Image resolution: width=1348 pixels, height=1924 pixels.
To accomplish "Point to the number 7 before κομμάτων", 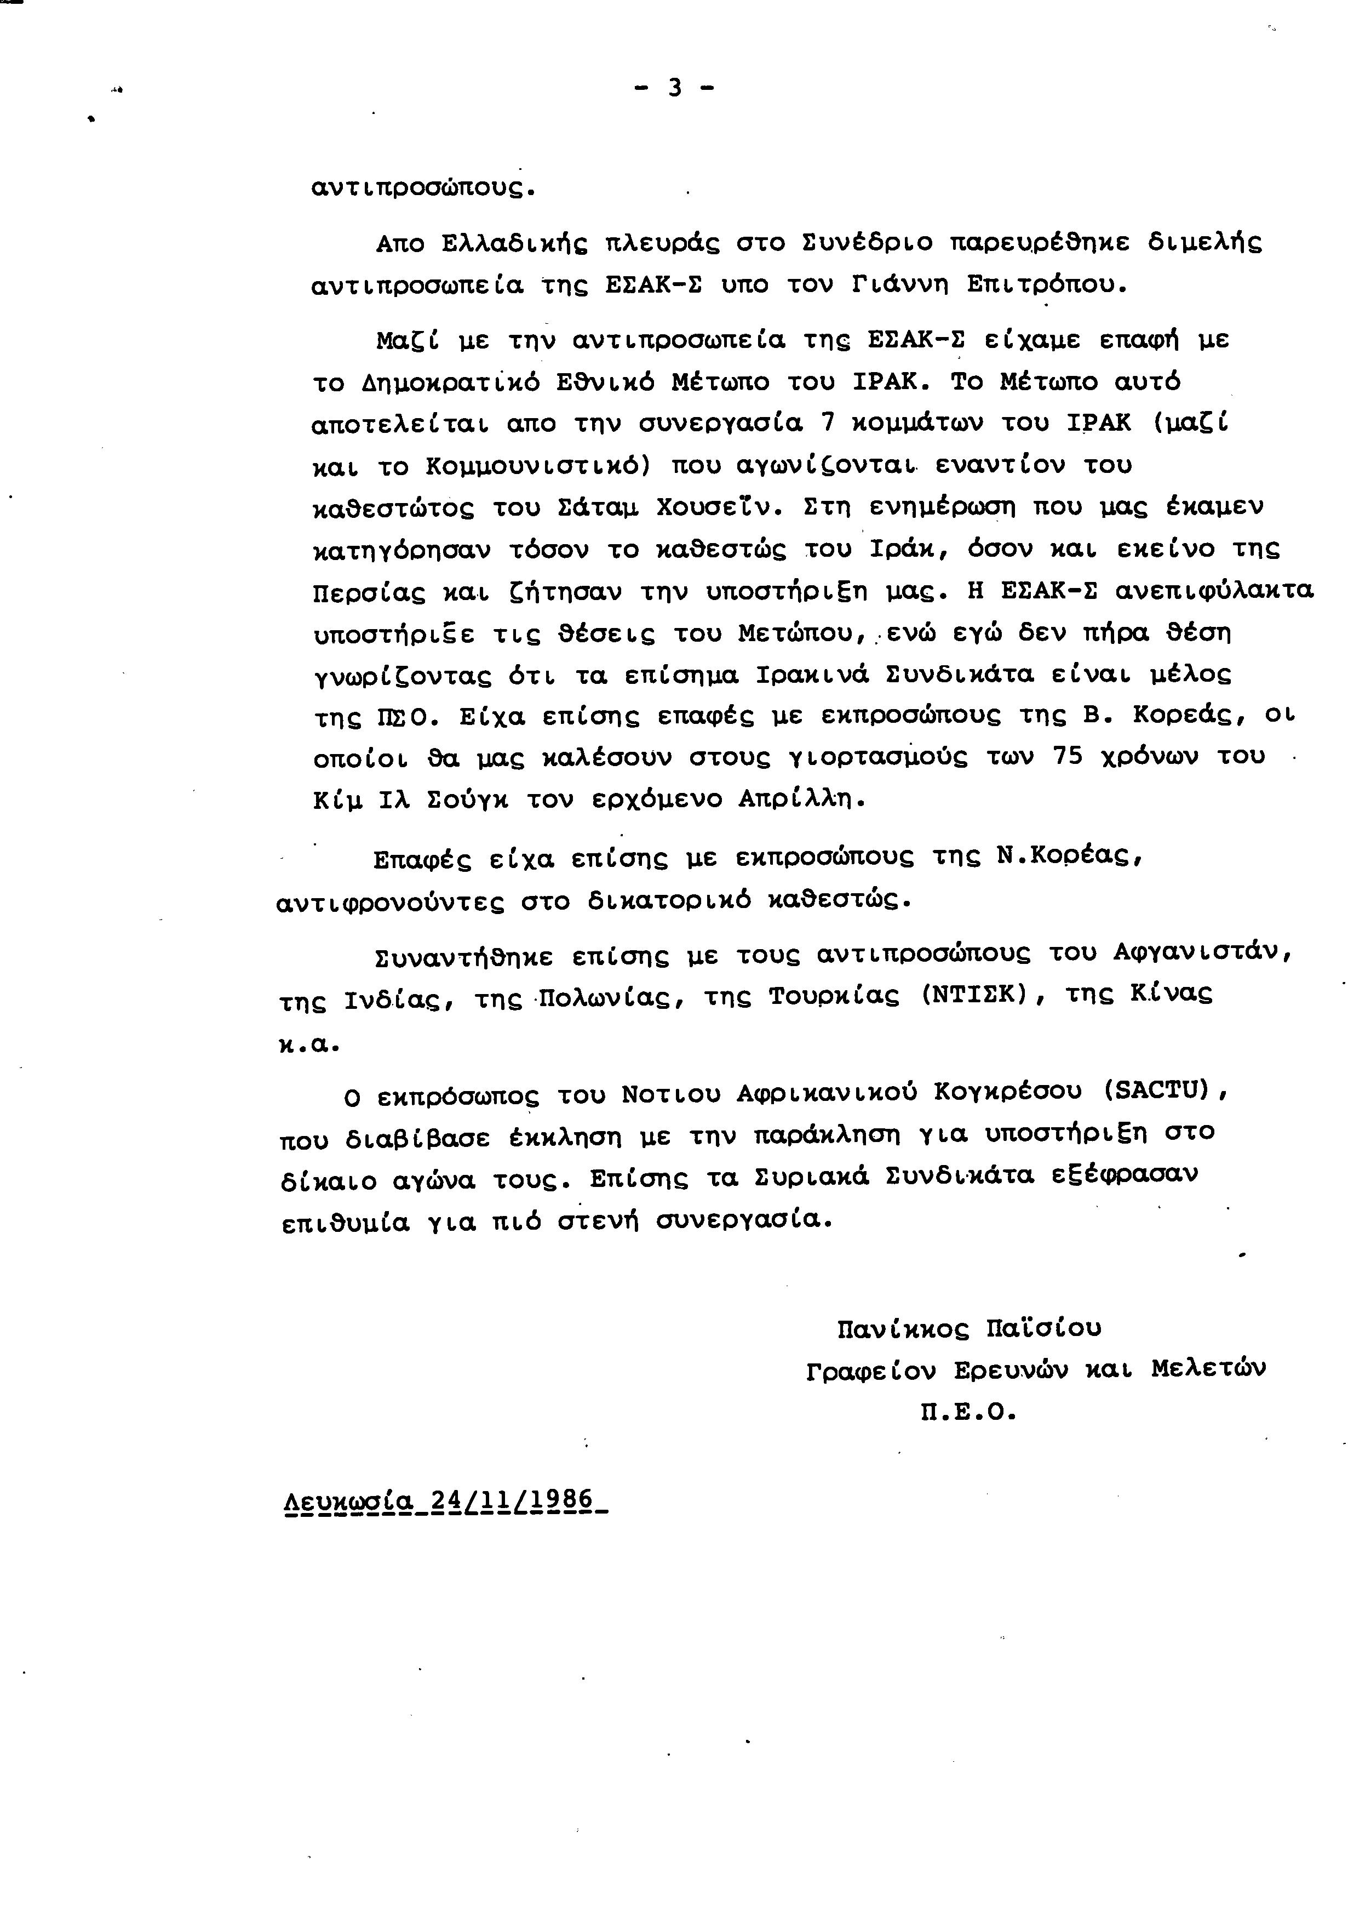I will pos(828,423).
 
